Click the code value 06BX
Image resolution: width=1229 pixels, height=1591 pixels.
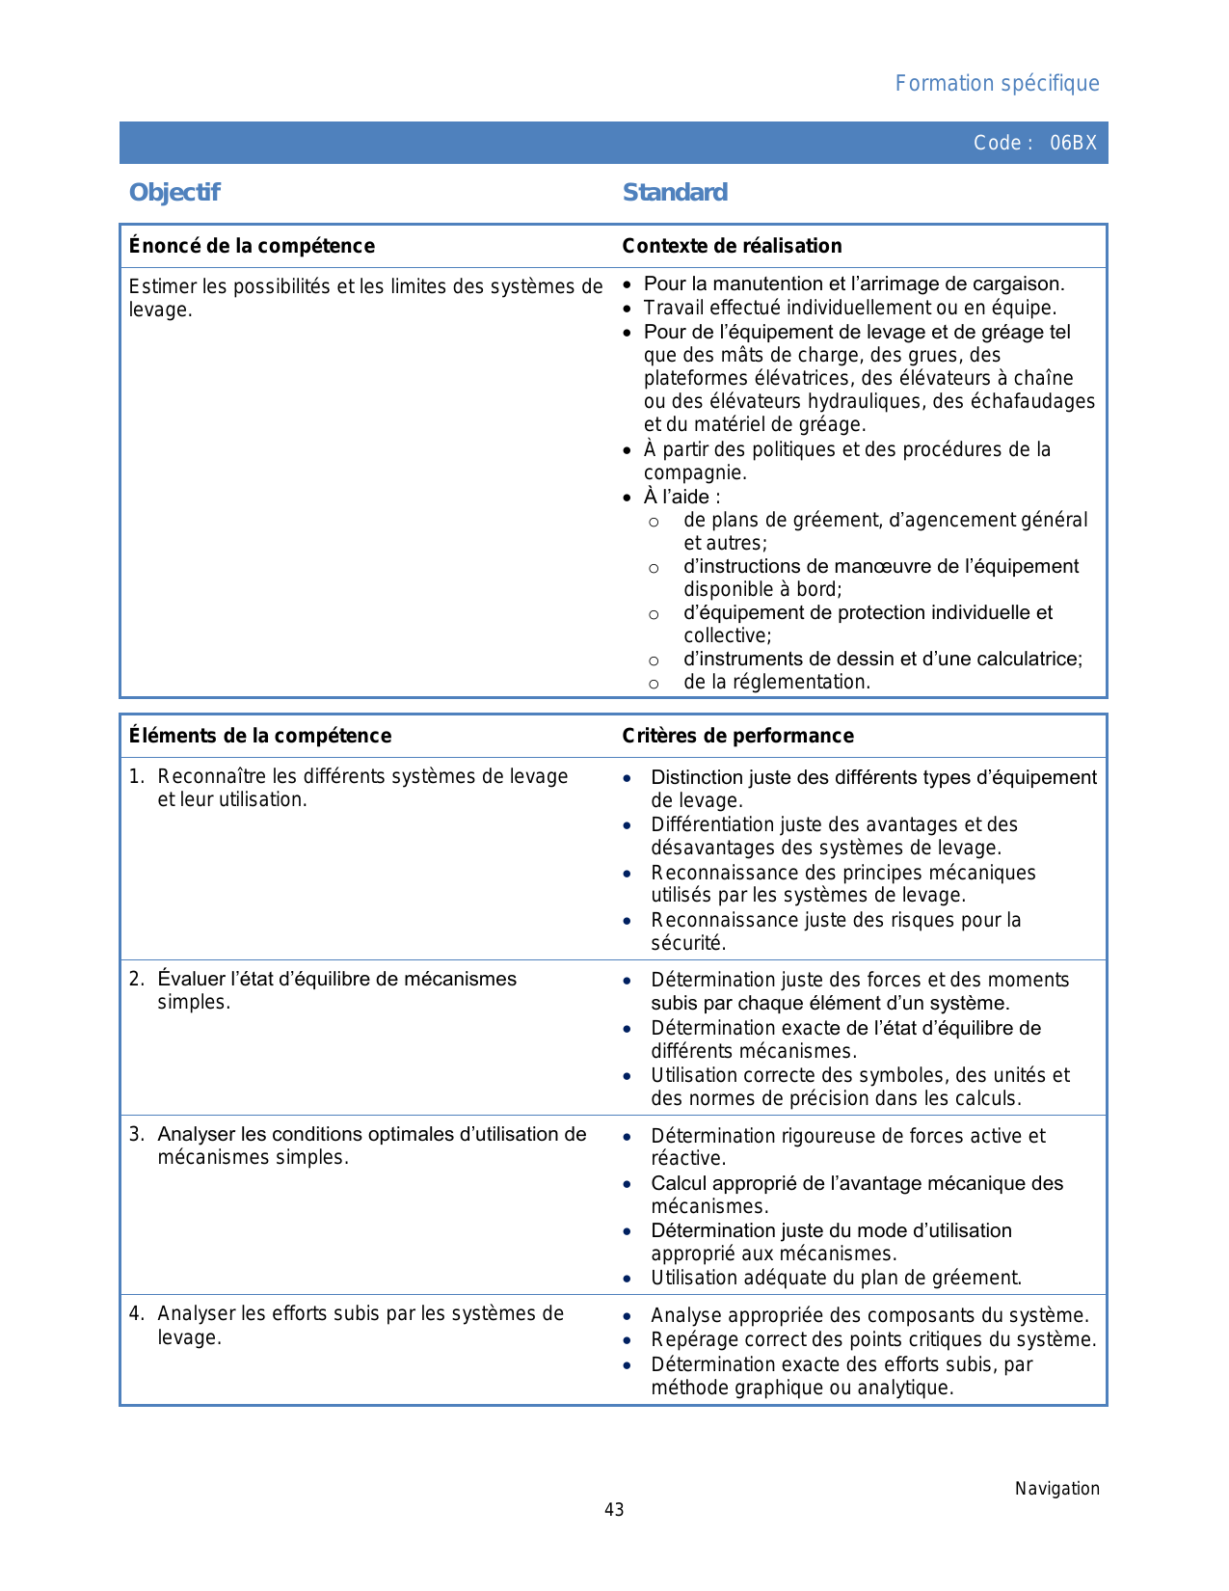pos(1073,143)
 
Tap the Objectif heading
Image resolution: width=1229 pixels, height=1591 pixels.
pos(174,193)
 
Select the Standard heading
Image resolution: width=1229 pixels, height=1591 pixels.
pos(675,193)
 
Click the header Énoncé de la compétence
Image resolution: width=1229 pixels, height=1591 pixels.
pos(252,246)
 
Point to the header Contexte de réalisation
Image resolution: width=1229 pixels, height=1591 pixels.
pos(732,246)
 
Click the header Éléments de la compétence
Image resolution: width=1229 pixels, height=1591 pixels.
pos(260,736)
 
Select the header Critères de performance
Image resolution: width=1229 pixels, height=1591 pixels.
pos(737,736)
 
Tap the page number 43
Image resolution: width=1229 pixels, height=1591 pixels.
pos(614,1510)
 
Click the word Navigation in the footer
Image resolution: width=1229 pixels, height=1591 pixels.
pos(1056,1489)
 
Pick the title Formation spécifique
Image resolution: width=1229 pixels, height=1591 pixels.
pos(997,84)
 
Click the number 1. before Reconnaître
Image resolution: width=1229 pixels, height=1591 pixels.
pos(137,777)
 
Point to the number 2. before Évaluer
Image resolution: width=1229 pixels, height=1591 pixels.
pos(137,980)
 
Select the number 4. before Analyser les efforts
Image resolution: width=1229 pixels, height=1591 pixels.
pos(137,1314)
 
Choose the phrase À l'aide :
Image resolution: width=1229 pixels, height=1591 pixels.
pos(681,498)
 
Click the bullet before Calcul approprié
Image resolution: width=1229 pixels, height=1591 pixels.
pos(628,1185)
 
